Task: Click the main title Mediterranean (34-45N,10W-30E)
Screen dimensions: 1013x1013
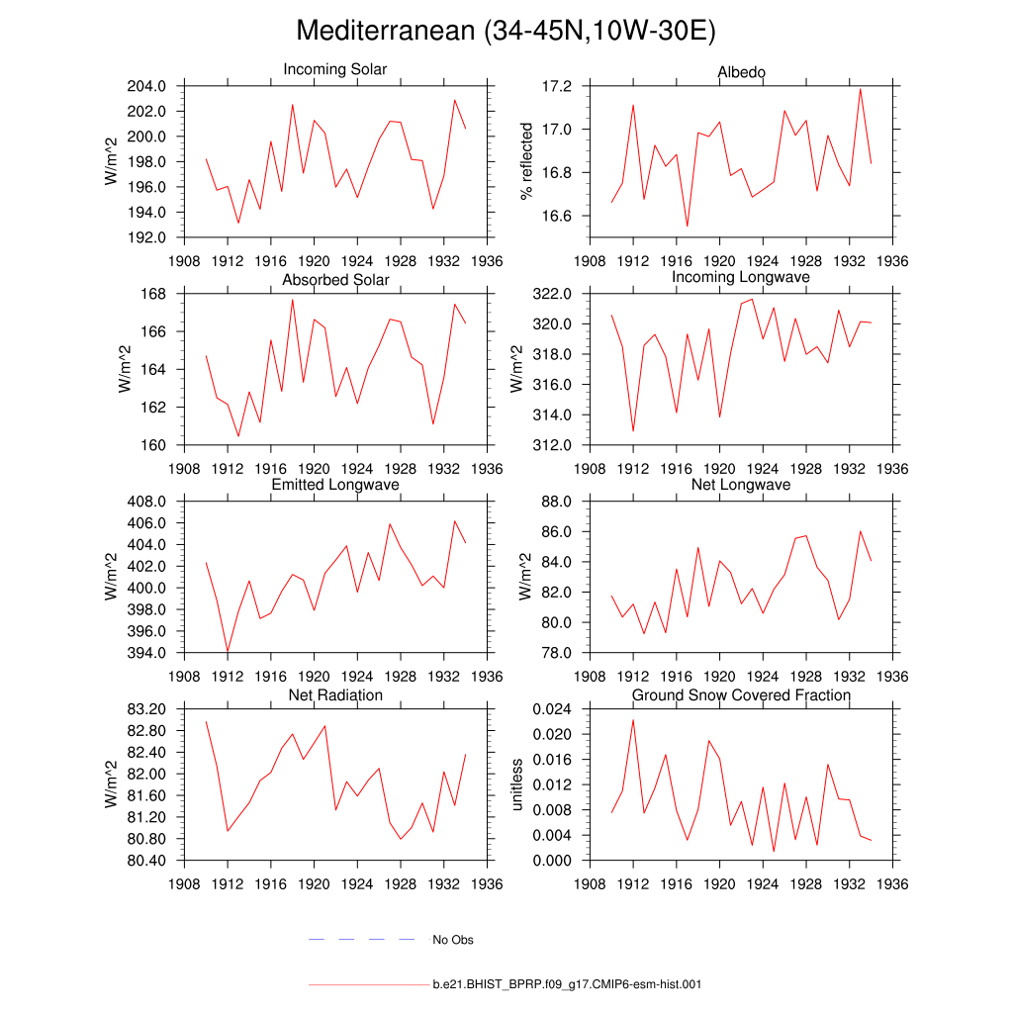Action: click(506, 32)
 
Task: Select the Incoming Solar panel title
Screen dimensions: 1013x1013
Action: click(335, 70)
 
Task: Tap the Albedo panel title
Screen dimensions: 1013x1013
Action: click(741, 73)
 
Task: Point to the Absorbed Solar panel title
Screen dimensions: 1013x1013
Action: click(335, 280)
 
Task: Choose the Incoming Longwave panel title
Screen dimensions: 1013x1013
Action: click(741, 277)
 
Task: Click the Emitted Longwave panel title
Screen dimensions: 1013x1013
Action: click(335, 485)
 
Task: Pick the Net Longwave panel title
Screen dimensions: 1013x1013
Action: click(741, 485)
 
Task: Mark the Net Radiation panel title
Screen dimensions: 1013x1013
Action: click(335, 695)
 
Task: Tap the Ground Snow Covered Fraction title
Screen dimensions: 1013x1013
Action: click(741, 695)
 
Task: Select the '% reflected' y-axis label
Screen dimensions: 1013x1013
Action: click(526, 161)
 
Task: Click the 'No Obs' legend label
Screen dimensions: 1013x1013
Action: click(453, 940)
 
